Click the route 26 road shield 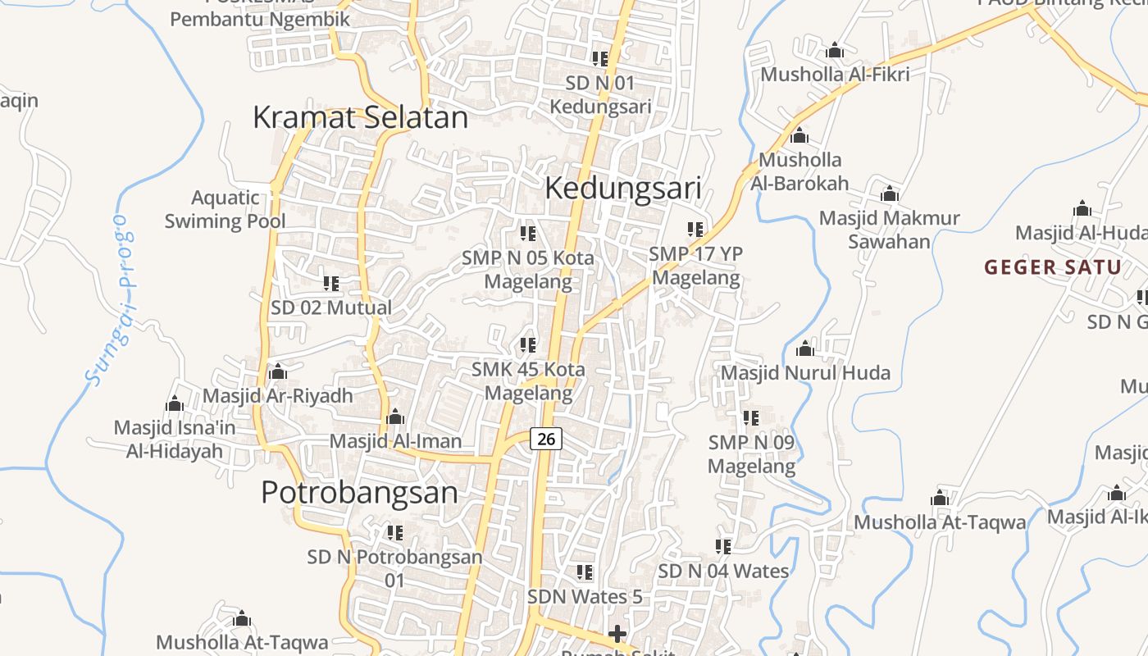pyautogui.click(x=546, y=439)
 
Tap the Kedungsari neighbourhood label pyautogui.click(x=622, y=189)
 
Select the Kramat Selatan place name pyautogui.click(x=360, y=117)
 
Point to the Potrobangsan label pyautogui.click(x=359, y=492)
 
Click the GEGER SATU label pyautogui.click(x=1053, y=267)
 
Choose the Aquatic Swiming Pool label pyautogui.click(x=225, y=209)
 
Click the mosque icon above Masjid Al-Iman pyautogui.click(x=395, y=417)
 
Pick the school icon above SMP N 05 pyautogui.click(x=528, y=234)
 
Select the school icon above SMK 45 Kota pyautogui.click(x=528, y=345)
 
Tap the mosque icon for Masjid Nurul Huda pyautogui.click(x=805, y=349)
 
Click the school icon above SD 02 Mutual pyautogui.click(x=331, y=284)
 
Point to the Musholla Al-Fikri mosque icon pyautogui.click(x=835, y=51)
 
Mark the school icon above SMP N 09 pyautogui.click(x=751, y=418)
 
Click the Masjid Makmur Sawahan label pyautogui.click(x=889, y=230)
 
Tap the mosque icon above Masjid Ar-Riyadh pyautogui.click(x=278, y=372)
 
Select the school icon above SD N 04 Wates pyautogui.click(x=723, y=546)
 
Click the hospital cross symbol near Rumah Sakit pyautogui.click(x=617, y=634)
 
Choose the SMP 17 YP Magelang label pyautogui.click(x=695, y=266)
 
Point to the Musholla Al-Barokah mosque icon pyautogui.click(x=799, y=136)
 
